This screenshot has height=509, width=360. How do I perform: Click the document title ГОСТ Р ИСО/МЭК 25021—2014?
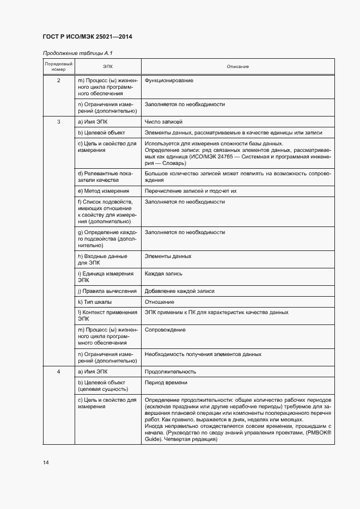click(87, 37)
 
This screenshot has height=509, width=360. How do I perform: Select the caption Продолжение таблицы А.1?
click(77, 53)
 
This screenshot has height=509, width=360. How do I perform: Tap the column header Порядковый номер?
click(59, 67)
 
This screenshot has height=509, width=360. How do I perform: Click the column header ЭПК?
click(108, 66)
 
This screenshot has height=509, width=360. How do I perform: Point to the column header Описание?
click(237, 66)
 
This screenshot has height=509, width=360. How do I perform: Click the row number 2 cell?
click(59, 81)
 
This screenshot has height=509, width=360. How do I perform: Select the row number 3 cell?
click(59, 121)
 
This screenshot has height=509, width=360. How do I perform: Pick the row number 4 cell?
click(59, 372)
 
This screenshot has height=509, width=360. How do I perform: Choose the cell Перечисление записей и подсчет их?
click(190, 191)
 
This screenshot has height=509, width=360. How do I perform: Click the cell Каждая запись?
click(163, 273)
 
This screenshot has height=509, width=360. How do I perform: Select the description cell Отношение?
click(160, 302)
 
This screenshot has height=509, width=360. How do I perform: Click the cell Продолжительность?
click(170, 372)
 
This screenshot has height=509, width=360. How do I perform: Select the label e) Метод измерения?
click(103, 191)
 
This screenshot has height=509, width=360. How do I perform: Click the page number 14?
click(46, 463)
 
